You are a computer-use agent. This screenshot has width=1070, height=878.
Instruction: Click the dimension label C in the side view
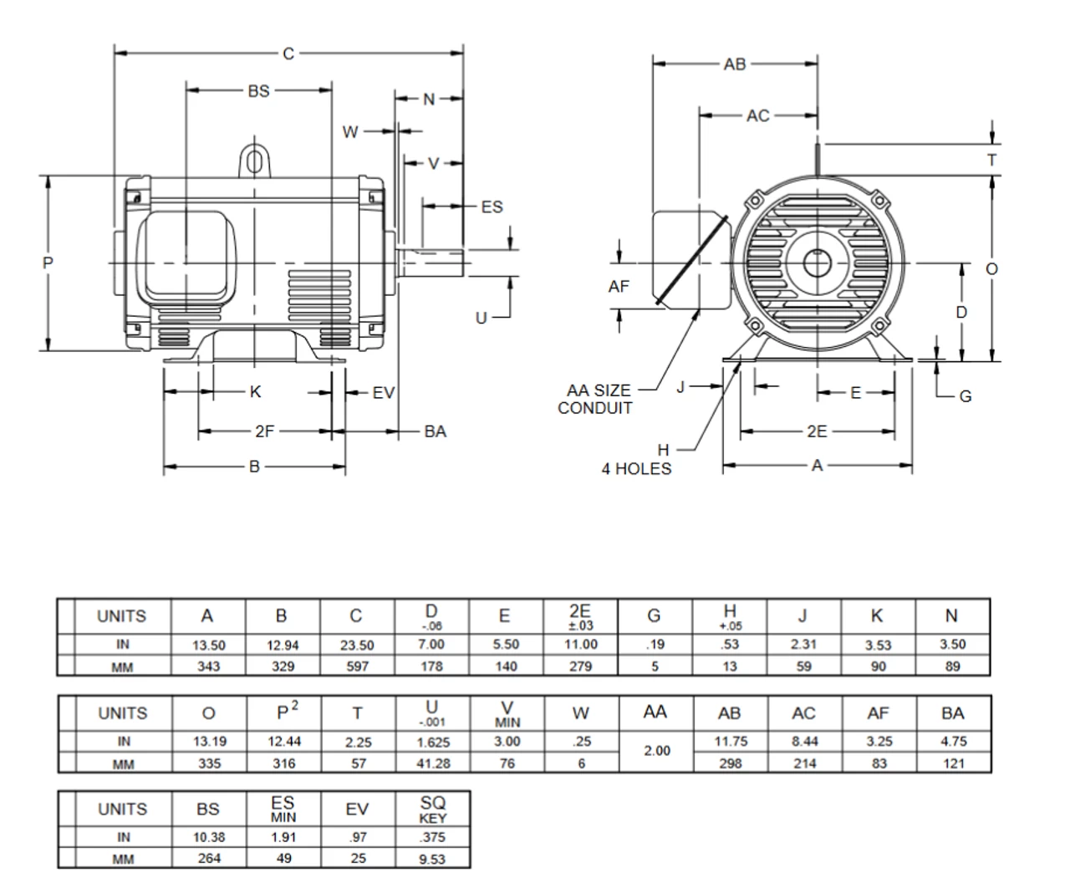click(288, 54)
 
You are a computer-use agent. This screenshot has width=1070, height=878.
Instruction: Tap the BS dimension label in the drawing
click(258, 90)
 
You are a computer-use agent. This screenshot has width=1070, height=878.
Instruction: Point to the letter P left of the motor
click(48, 263)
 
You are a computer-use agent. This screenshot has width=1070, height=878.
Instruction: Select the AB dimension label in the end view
click(735, 64)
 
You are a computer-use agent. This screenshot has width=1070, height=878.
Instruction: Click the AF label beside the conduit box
click(619, 287)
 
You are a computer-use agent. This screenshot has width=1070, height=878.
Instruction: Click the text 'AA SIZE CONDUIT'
click(597, 400)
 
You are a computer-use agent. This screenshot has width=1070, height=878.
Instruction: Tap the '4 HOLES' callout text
click(636, 469)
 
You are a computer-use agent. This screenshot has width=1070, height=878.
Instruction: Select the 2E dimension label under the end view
click(817, 431)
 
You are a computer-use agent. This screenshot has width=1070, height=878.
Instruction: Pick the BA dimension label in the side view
click(435, 431)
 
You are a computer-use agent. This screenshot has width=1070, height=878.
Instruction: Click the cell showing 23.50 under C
click(357, 645)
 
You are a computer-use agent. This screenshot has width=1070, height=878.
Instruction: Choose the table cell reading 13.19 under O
click(208, 741)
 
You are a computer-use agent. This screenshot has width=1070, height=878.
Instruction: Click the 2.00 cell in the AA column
click(656, 751)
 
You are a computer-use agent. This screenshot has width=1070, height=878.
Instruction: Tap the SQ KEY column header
click(432, 809)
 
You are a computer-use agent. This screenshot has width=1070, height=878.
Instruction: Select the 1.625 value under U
click(432, 742)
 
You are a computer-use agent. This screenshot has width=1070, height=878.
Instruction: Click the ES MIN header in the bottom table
click(283, 809)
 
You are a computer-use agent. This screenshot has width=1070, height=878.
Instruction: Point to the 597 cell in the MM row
click(357, 666)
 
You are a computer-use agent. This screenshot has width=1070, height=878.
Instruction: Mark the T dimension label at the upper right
click(992, 160)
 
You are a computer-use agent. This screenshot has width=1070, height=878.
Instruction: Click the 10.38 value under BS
click(208, 837)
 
